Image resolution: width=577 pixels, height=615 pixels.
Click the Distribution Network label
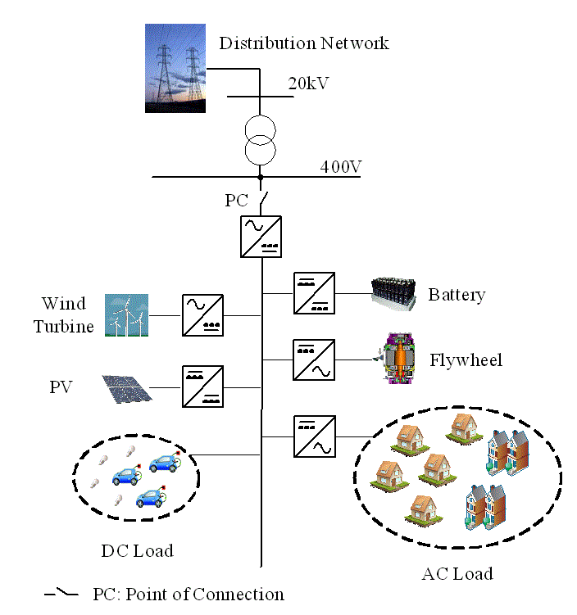[303, 43]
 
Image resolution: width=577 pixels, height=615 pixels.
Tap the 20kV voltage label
[308, 84]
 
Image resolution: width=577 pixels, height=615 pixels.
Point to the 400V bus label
[341, 166]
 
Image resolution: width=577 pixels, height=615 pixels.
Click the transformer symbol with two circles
[261, 139]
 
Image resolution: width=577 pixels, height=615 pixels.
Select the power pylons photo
[175, 68]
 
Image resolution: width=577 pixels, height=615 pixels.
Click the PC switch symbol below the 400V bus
[261, 199]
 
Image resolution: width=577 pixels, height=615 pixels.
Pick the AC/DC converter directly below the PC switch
[261, 236]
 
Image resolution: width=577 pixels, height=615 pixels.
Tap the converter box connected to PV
[202, 386]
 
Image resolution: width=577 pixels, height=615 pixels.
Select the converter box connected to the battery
[313, 293]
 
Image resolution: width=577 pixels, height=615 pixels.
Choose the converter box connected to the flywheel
[313, 359]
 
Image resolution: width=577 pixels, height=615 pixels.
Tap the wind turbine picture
[126, 315]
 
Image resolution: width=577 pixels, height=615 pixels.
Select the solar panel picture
[126, 388]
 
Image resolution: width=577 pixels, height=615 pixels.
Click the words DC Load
[137, 551]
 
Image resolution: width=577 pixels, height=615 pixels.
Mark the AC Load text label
[457, 573]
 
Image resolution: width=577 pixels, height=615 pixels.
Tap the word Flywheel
[466, 360]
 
